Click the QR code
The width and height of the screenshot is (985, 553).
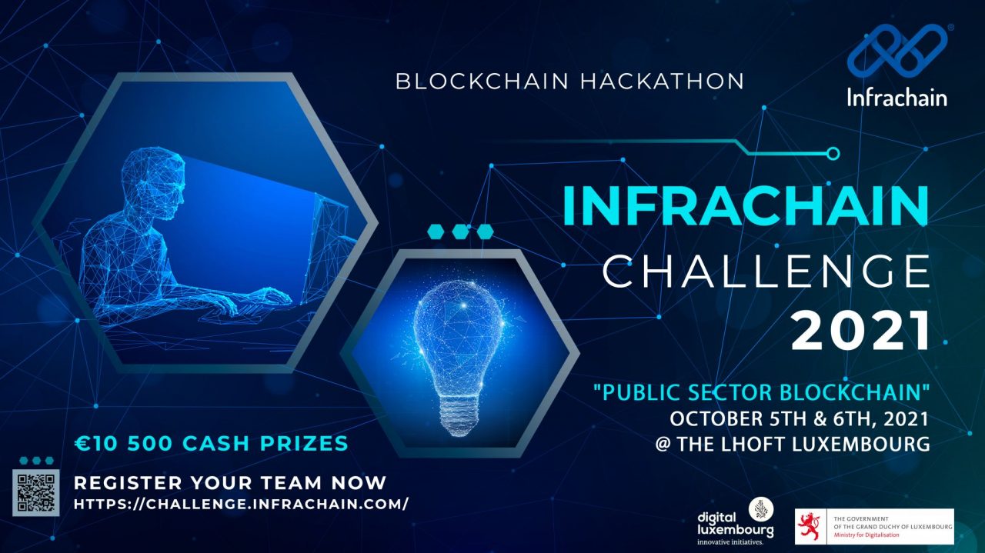pyautogui.click(x=35, y=492)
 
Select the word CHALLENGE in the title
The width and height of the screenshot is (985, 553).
pyautogui.click(x=766, y=271)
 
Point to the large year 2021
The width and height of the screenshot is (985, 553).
pyautogui.click(x=860, y=331)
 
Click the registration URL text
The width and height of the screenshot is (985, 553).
pyautogui.click(x=241, y=505)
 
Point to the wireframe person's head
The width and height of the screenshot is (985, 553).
pyautogui.click(x=164, y=181)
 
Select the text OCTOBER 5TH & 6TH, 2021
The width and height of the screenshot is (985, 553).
pyautogui.click(x=799, y=419)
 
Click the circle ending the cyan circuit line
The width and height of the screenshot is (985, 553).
pyautogui.click(x=832, y=154)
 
